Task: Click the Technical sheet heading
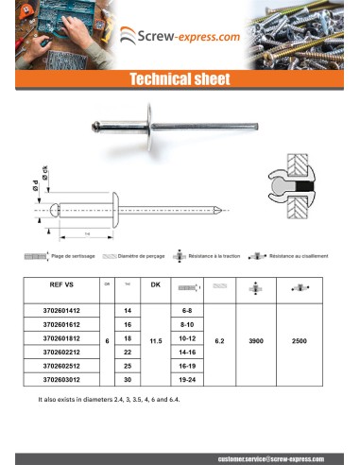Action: [x=180, y=80]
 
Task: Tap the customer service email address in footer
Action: [x=273, y=456]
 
